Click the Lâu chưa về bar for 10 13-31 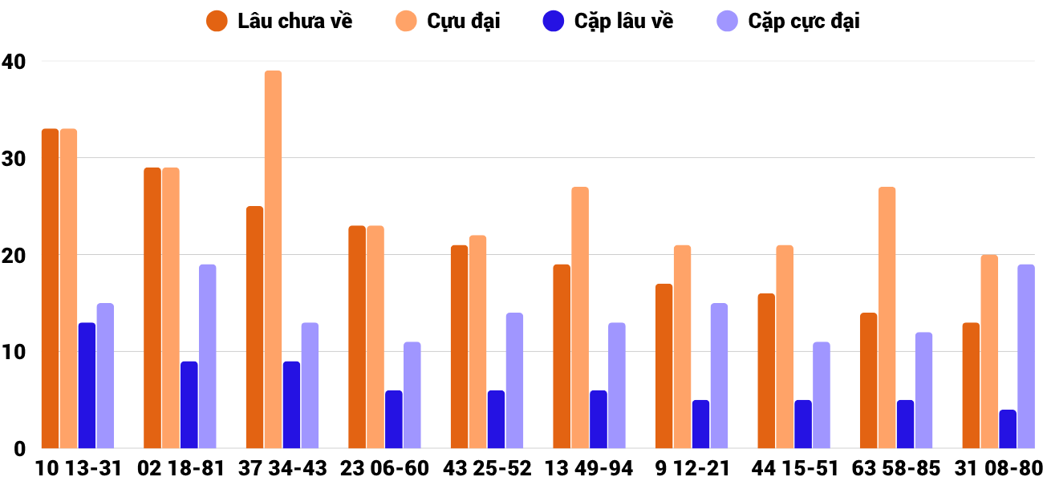(x=50, y=289)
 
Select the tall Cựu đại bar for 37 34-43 (x=273, y=260)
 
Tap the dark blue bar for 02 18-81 (x=189, y=405)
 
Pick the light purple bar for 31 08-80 (x=1026, y=357)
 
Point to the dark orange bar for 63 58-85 (x=868, y=381)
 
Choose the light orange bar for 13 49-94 (x=580, y=317)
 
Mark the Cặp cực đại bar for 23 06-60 (x=412, y=395)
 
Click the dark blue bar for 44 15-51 (x=803, y=424)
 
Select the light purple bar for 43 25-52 (x=514, y=381)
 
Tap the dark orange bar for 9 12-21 (x=664, y=366)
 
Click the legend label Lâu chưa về (x=294, y=22)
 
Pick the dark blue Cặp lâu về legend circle (x=554, y=22)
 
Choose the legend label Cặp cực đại (x=804, y=22)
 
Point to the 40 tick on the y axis (x=14, y=61)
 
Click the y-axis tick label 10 (x=14, y=352)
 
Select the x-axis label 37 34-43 (x=282, y=468)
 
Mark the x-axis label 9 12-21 (x=692, y=468)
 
